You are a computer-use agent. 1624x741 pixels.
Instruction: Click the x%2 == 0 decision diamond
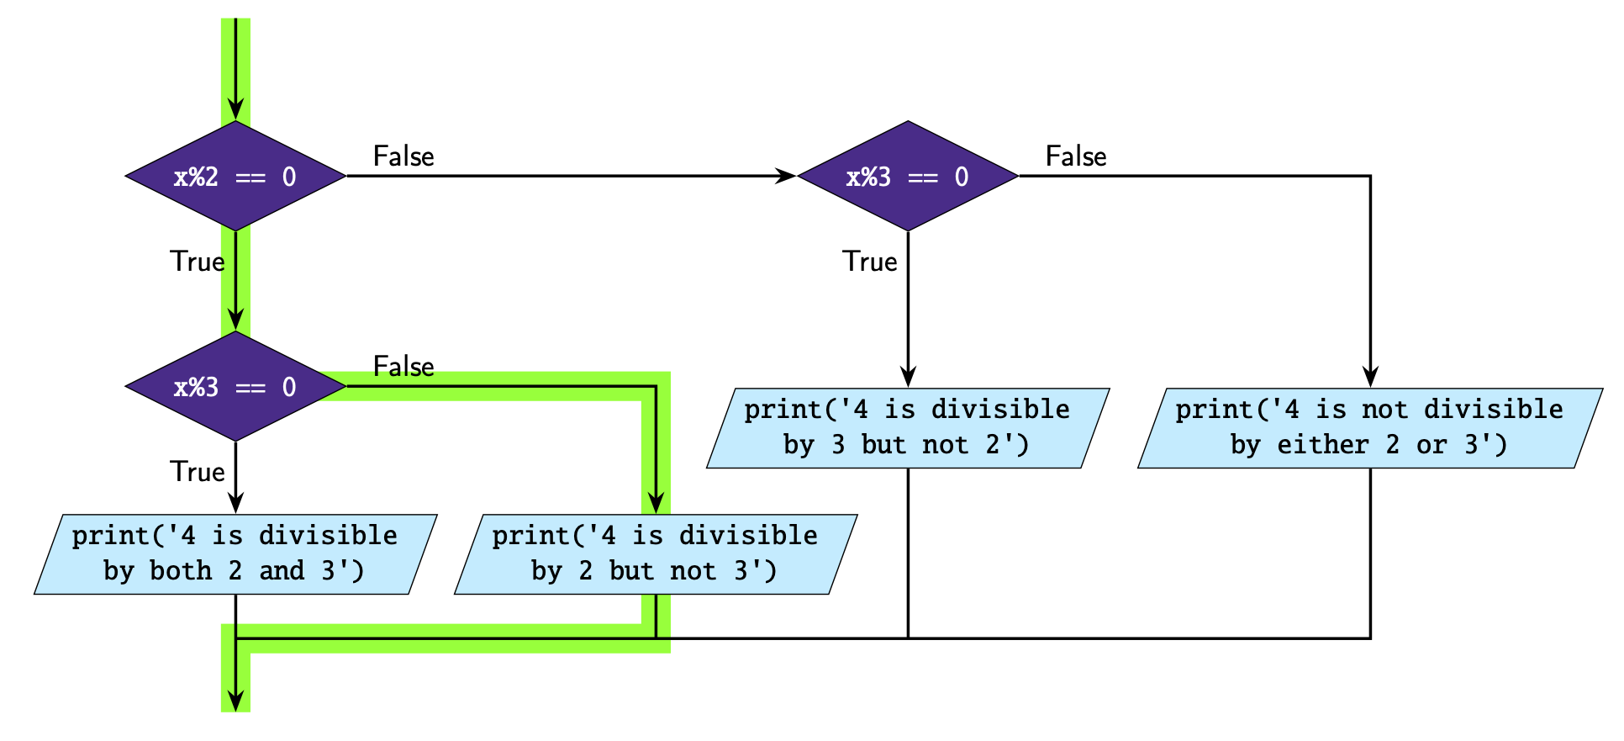(x=235, y=177)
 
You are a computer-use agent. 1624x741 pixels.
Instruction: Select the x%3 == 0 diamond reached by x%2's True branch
(x=235, y=387)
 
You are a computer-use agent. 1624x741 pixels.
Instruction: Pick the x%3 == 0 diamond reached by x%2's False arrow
(x=908, y=177)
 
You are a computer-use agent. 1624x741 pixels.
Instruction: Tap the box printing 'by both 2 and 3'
(x=235, y=553)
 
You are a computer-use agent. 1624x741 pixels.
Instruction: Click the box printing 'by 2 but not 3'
(x=656, y=553)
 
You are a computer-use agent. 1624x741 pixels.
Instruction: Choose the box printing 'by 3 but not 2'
(x=908, y=427)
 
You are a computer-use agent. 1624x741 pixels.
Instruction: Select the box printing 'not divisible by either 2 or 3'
(x=1370, y=427)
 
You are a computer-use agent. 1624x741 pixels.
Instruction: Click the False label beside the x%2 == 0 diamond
(x=403, y=156)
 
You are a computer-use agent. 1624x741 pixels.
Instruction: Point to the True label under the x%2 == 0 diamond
(x=198, y=262)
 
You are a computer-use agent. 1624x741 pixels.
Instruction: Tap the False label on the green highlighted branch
(x=403, y=367)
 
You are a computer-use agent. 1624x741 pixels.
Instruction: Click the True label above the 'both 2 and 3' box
(x=198, y=472)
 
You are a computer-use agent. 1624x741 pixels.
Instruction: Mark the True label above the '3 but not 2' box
(x=870, y=262)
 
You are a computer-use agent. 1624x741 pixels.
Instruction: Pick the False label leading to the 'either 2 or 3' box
(x=1076, y=156)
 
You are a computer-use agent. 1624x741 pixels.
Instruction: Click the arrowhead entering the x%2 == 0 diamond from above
(x=236, y=110)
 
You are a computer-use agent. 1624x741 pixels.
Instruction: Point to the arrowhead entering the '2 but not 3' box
(x=656, y=504)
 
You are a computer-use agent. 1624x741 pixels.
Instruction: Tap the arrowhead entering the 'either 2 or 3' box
(x=1370, y=378)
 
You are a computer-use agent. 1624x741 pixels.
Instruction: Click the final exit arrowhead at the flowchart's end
(x=236, y=701)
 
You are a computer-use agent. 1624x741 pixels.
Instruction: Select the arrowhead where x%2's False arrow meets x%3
(x=786, y=177)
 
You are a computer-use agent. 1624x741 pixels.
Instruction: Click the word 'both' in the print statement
(x=181, y=571)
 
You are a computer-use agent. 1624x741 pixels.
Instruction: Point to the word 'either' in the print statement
(x=1323, y=445)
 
